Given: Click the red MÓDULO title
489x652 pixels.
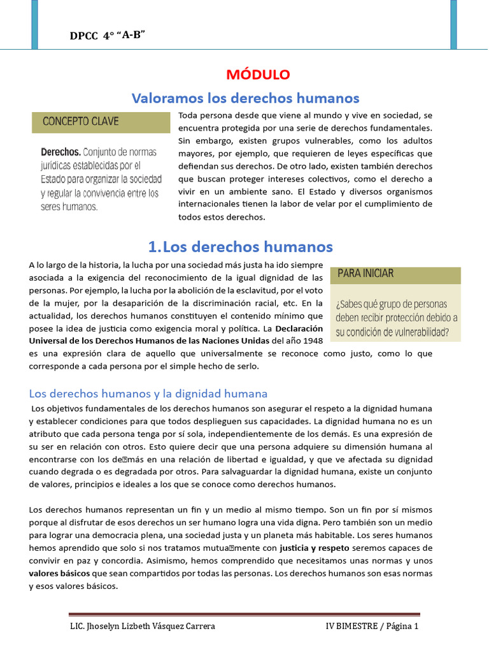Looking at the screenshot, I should tap(258, 74).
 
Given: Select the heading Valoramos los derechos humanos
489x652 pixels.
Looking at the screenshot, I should tap(245, 98).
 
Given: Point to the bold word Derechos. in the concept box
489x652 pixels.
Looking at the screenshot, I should tap(60, 152).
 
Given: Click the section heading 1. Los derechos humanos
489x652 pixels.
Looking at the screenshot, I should tap(240, 246).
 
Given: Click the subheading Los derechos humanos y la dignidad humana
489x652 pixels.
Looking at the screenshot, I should tap(148, 393).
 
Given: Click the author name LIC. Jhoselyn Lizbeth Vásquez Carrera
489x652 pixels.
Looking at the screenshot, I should tap(142, 626).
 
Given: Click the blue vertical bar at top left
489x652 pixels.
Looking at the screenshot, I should tap(34, 16).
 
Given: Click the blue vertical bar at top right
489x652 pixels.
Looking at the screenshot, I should tap(453, 16).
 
